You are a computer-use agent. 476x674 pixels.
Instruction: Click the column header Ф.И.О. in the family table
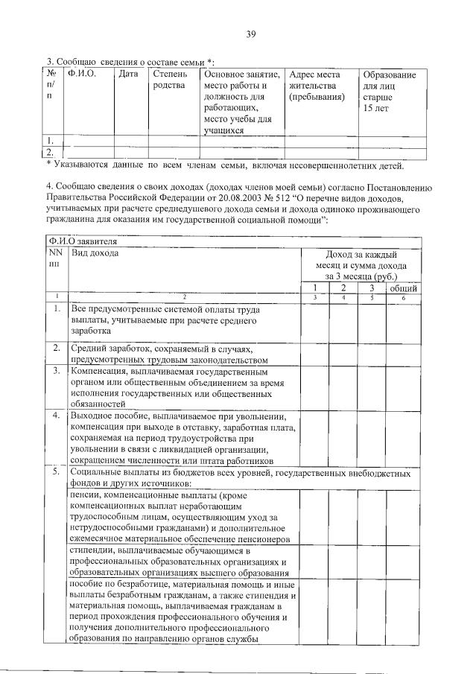coord(77,74)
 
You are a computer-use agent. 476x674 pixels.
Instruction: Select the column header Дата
coord(128,74)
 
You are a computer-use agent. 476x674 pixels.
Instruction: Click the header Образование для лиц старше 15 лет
coord(388,92)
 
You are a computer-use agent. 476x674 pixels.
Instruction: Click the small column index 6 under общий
coord(403,298)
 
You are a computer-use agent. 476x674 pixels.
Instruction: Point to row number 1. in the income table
coord(57,308)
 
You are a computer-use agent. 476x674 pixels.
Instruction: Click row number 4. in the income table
coord(57,416)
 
